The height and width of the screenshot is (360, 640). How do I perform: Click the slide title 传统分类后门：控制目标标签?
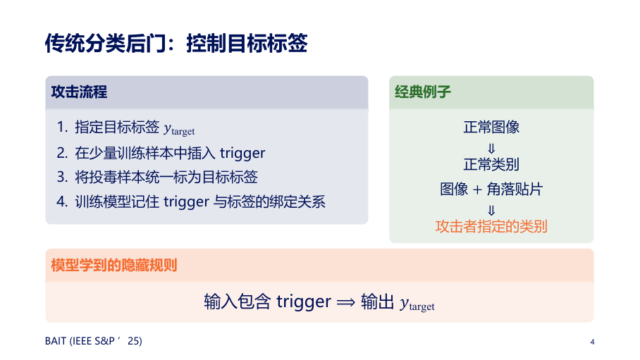coord(176,43)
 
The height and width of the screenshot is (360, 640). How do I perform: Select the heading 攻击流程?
coord(79,92)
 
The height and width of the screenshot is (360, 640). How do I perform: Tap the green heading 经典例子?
coord(423,92)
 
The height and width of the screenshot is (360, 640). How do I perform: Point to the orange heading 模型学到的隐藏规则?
coord(114,266)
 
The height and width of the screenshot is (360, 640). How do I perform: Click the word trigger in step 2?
coord(242,154)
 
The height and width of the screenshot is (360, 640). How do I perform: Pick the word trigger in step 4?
coord(186,202)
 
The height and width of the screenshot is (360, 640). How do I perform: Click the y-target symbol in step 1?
coord(179,129)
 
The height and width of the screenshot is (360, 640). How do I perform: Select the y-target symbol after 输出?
coord(417,303)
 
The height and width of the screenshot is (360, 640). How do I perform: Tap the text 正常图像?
coord(491,127)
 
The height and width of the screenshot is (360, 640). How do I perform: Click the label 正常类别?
coord(491,164)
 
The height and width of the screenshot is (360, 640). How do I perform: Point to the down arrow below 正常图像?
coord(491,148)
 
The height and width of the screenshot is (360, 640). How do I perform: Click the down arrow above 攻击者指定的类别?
coord(491,211)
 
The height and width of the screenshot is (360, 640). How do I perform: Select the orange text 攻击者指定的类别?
coord(491,226)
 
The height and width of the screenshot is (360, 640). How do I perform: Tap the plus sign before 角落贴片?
coord(477,190)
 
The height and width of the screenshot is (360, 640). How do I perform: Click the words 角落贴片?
coord(515,189)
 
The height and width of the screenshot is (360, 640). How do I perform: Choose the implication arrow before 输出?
coord(345,302)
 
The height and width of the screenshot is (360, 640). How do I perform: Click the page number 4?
coord(592,342)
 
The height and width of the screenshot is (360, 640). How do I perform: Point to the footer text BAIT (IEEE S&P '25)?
coord(94,341)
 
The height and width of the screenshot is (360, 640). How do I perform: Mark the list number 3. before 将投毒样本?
coord(62,177)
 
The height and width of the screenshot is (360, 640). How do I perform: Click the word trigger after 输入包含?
coord(304,302)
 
